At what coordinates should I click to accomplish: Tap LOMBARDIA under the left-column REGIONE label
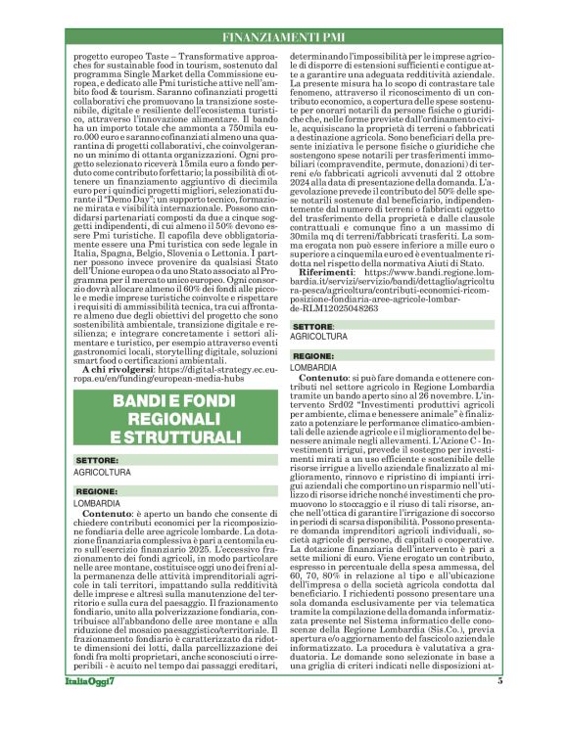98,502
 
